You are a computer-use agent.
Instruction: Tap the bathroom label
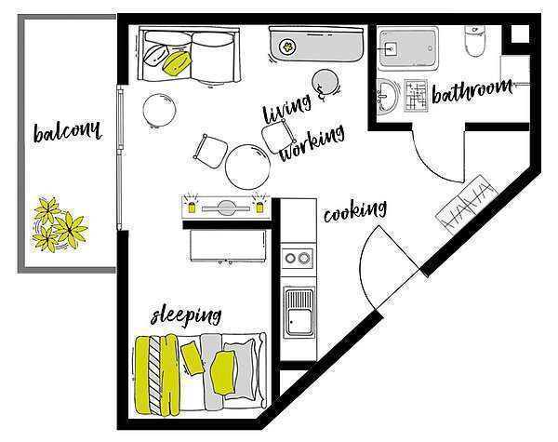472,91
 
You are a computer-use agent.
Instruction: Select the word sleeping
186,315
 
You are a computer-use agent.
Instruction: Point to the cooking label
355,211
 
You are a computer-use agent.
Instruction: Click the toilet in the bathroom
475,41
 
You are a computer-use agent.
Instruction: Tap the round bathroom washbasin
387,96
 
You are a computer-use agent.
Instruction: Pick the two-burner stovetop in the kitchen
298,258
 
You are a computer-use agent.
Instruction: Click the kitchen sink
299,313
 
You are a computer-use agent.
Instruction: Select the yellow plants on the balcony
59,224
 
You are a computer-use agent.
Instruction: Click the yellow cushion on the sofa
177,62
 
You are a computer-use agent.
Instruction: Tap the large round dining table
247,167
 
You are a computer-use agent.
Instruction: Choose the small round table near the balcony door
159,110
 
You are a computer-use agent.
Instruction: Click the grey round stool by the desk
325,82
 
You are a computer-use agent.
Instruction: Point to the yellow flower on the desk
287,47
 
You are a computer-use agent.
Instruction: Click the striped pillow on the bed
154,375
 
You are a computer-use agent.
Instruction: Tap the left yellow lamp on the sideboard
192,207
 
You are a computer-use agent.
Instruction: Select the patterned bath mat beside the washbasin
416,96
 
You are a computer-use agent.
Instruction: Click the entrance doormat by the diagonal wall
466,205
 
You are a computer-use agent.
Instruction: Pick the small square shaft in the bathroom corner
520,33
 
